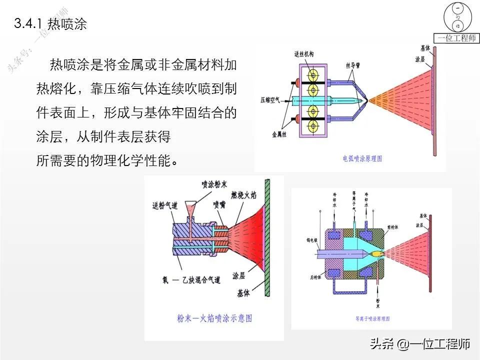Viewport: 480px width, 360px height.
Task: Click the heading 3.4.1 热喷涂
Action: (51, 24)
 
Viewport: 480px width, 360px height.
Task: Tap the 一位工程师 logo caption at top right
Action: (456, 38)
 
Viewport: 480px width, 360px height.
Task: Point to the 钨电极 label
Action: (311, 240)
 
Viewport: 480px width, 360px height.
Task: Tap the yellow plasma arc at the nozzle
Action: (378, 254)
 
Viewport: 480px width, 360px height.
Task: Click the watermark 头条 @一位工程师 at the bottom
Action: (420, 344)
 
